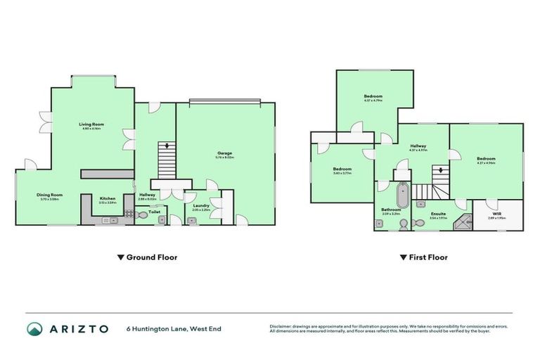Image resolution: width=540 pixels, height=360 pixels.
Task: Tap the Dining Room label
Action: (x=51, y=195)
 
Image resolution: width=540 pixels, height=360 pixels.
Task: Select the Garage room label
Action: (x=225, y=153)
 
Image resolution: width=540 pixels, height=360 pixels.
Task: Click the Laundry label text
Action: (x=201, y=205)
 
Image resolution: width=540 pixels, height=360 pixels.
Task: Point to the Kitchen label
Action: (x=108, y=198)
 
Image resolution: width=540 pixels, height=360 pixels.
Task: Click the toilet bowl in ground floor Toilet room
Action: (x=143, y=219)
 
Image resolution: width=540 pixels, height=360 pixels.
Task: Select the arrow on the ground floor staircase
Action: (x=167, y=146)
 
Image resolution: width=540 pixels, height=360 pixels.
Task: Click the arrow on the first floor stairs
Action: (x=441, y=169)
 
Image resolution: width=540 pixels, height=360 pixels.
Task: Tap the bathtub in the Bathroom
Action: (x=401, y=195)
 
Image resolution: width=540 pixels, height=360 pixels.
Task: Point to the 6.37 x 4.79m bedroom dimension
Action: (x=373, y=101)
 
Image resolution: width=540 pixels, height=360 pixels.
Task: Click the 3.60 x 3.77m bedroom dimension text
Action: (x=342, y=174)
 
